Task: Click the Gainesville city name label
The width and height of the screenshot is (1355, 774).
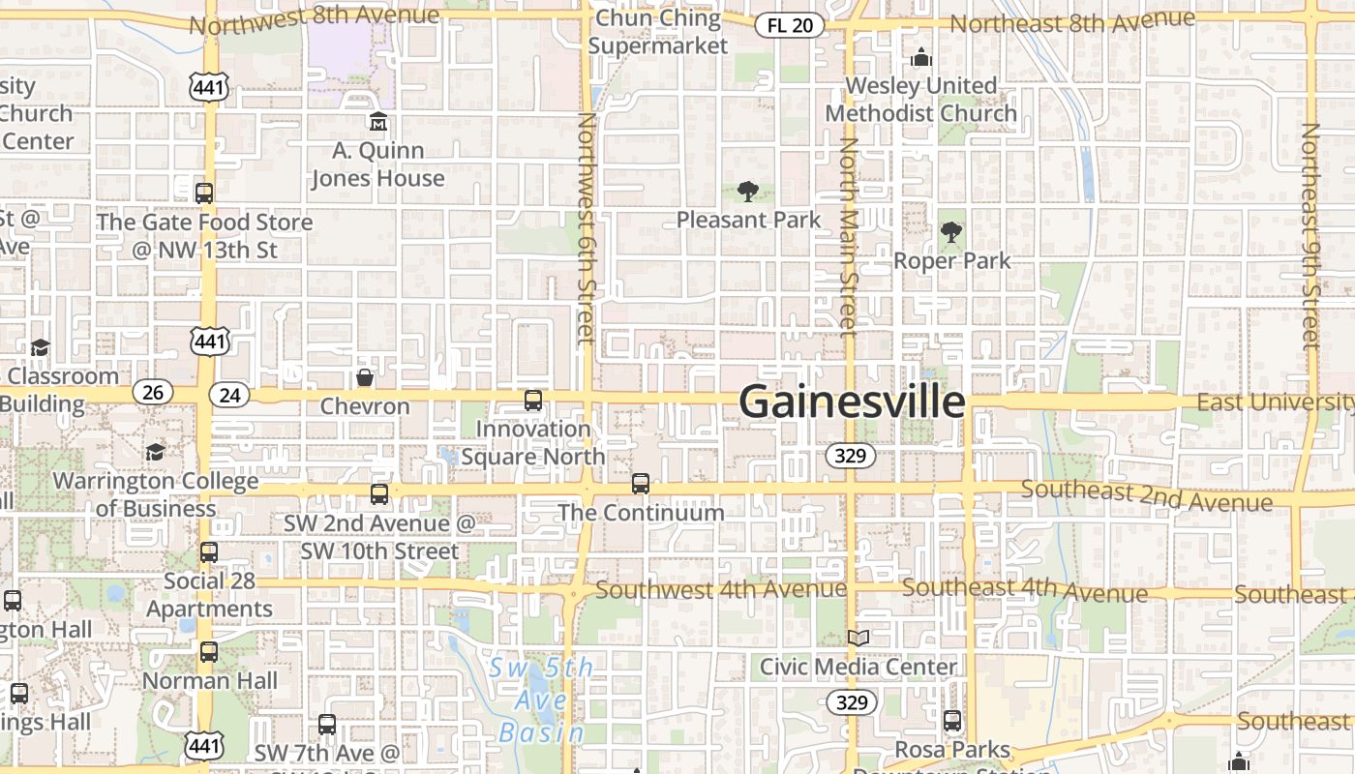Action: click(852, 402)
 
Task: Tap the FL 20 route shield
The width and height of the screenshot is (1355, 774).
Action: click(789, 25)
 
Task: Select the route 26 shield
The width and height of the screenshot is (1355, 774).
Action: click(152, 392)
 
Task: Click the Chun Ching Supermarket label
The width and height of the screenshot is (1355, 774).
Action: click(658, 32)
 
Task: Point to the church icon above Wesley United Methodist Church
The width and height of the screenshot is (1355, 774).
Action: click(921, 58)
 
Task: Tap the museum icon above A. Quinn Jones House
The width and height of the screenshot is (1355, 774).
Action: click(377, 123)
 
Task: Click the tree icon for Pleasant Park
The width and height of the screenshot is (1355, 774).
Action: click(747, 192)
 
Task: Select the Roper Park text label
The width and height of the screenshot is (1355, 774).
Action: click(951, 260)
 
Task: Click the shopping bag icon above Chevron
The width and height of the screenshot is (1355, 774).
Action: click(365, 377)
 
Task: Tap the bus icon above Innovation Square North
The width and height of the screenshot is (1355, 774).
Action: click(532, 401)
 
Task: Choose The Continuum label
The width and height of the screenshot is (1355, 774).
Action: click(641, 512)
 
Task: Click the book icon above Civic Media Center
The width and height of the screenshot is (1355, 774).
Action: click(858, 638)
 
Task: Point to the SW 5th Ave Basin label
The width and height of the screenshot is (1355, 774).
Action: click(541, 700)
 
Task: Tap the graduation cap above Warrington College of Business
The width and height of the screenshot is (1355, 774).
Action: click(155, 452)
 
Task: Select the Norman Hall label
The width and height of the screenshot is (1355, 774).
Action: click(210, 680)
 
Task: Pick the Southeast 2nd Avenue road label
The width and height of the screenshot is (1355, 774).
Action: click(1147, 495)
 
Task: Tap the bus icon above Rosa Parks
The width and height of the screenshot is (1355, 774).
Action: click(952, 721)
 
